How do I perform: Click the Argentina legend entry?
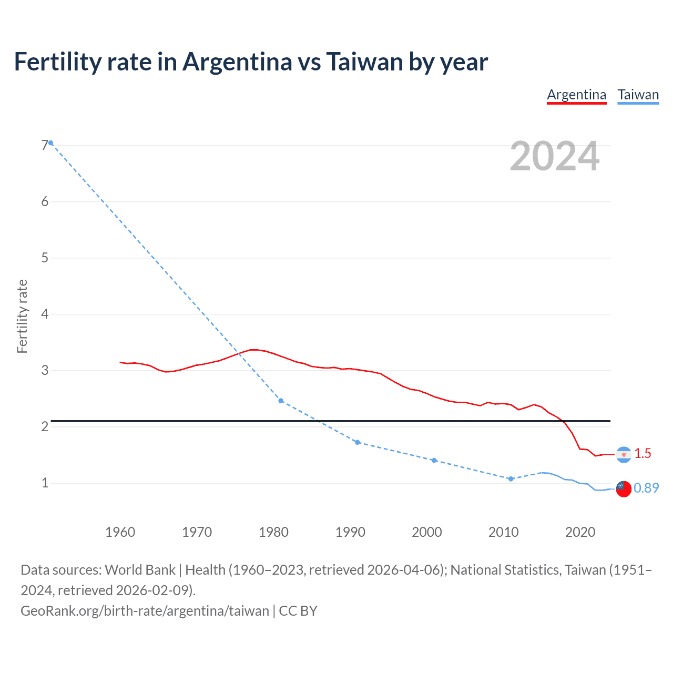(x=576, y=95)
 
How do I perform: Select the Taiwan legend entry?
(x=638, y=95)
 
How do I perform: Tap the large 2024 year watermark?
(x=555, y=156)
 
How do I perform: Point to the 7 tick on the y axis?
(x=45, y=145)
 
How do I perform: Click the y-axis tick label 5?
(x=45, y=258)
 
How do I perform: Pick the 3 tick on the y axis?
(x=45, y=370)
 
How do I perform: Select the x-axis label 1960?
(x=120, y=532)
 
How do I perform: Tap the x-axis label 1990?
(x=350, y=532)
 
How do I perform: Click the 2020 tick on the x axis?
(x=580, y=532)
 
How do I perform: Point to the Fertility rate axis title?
(x=22, y=316)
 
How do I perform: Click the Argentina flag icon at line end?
(x=624, y=454)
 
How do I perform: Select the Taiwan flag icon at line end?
(x=624, y=488)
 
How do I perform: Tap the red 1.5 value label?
(x=643, y=453)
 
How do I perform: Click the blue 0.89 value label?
(x=646, y=488)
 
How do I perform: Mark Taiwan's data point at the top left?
(x=51, y=143)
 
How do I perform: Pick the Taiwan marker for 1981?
(x=281, y=401)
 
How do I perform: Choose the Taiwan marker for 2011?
(x=511, y=479)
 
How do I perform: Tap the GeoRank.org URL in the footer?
(x=145, y=610)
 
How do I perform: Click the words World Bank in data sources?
(x=140, y=570)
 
